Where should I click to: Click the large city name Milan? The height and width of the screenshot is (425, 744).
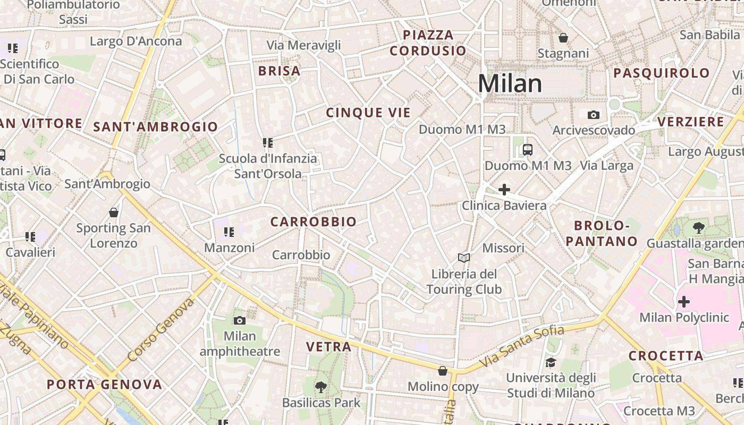510,84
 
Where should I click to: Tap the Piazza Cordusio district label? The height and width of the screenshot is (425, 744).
428,43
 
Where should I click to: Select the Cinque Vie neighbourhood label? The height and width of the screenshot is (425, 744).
368,113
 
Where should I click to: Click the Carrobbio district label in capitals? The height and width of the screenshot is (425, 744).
314,222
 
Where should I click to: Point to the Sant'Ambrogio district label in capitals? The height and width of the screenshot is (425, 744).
156,127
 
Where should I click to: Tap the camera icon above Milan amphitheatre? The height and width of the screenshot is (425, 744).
240,320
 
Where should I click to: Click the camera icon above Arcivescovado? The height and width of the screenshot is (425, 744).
594,115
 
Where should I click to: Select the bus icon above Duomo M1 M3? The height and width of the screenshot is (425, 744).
527,150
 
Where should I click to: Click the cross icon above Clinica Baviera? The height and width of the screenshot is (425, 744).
504,190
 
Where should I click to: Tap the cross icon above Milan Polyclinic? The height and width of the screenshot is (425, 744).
684,302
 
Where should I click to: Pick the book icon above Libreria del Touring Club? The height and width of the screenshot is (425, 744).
464,258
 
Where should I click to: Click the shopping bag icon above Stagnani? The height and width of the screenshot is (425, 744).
563,38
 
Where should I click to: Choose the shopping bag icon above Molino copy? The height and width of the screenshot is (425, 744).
443,371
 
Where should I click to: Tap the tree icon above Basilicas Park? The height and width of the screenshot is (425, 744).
320,387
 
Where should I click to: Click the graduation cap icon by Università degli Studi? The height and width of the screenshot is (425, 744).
551,362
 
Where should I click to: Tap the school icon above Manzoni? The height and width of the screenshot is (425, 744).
229,232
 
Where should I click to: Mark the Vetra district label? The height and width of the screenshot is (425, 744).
329,347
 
